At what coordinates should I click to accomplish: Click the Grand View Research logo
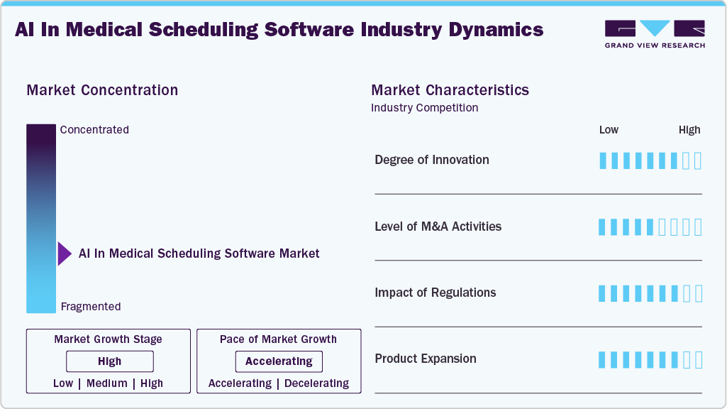pos(654,34)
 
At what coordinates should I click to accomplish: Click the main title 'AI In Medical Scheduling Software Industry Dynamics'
pos(279,30)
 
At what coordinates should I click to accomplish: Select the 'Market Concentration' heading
pos(102,90)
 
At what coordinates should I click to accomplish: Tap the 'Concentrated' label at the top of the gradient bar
pos(94,130)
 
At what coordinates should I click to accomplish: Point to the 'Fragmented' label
pos(91,307)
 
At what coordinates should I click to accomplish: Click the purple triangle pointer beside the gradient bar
pos(65,253)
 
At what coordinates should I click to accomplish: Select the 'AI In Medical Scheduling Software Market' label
pos(199,253)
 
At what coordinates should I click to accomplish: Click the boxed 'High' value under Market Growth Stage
pos(110,361)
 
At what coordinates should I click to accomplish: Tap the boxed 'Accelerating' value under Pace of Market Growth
pos(279,361)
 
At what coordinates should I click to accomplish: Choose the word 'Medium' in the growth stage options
pos(107,383)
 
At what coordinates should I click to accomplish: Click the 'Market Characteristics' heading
pos(450,90)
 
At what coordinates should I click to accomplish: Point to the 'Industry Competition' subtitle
pos(424,108)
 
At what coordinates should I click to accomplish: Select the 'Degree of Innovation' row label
pos(431,160)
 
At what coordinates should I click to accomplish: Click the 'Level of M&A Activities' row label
pos(438,227)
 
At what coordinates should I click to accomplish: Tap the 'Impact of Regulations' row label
pos(435,293)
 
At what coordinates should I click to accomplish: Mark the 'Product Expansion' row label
pos(425,359)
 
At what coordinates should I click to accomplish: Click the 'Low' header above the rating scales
pos(609,130)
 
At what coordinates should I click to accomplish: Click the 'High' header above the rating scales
pos(689,130)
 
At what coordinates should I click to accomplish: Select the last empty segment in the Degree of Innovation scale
pos(698,160)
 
